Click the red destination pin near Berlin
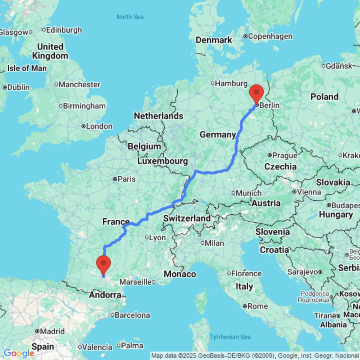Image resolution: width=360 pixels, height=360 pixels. [256, 93]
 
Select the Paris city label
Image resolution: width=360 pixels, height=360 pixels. [124, 179]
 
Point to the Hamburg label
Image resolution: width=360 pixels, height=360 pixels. [231, 84]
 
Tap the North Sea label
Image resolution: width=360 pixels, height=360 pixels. [130, 17]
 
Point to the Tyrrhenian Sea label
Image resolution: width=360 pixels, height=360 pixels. [230, 337]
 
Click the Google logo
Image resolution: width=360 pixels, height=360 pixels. [18, 353]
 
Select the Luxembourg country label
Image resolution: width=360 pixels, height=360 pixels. [162, 161]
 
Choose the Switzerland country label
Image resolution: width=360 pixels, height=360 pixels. [187, 218]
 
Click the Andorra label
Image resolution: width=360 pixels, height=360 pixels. [105, 295]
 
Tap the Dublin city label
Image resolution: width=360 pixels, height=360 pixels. [18, 87]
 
